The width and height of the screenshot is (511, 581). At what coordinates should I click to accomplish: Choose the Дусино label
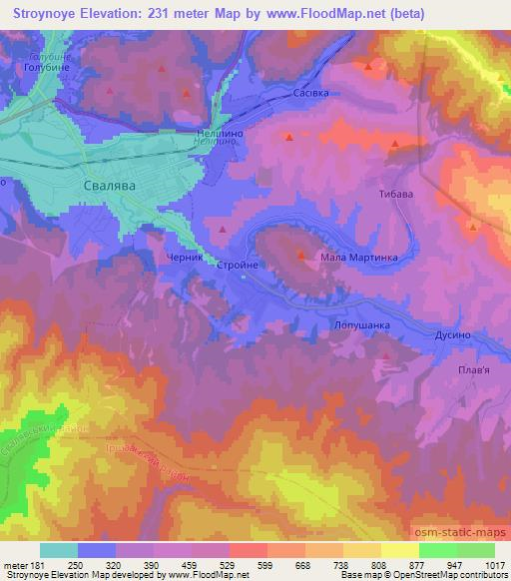451,336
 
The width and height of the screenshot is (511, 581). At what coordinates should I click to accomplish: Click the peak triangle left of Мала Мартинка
300,256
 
